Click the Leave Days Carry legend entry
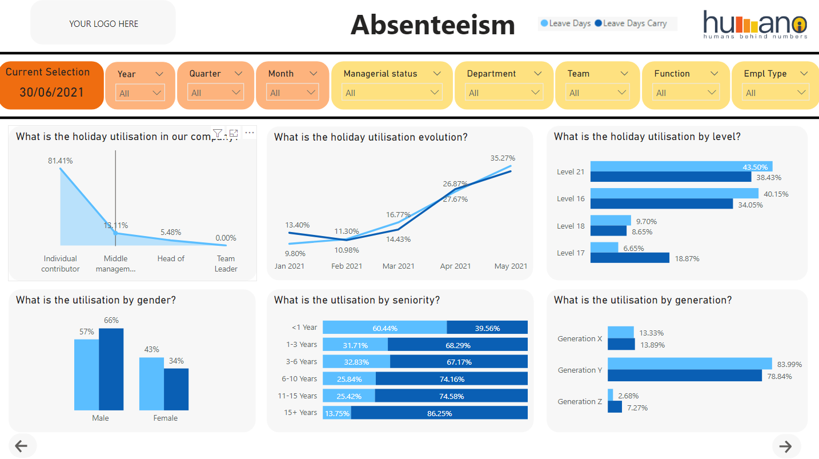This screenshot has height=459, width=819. coord(631,23)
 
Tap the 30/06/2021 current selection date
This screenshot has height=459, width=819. coord(51,92)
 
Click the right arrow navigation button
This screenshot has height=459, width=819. coord(786,446)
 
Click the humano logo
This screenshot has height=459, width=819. coord(755,25)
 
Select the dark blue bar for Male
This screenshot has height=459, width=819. coord(111,369)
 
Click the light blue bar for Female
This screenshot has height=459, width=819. coord(151,383)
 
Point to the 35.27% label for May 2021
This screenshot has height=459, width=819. coord(502,158)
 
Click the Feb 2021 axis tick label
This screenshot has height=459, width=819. coord(347,266)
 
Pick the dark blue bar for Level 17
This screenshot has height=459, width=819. coord(629,258)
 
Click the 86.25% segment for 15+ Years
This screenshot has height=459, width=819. coord(439,413)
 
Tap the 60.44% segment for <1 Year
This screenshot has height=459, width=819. coord(384,328)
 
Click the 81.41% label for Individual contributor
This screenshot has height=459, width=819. coord(60,161)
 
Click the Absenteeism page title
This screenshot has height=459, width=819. coord(432,25)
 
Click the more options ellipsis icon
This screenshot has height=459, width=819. coord(249,133)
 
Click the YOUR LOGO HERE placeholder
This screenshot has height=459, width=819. coord(103,23)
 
